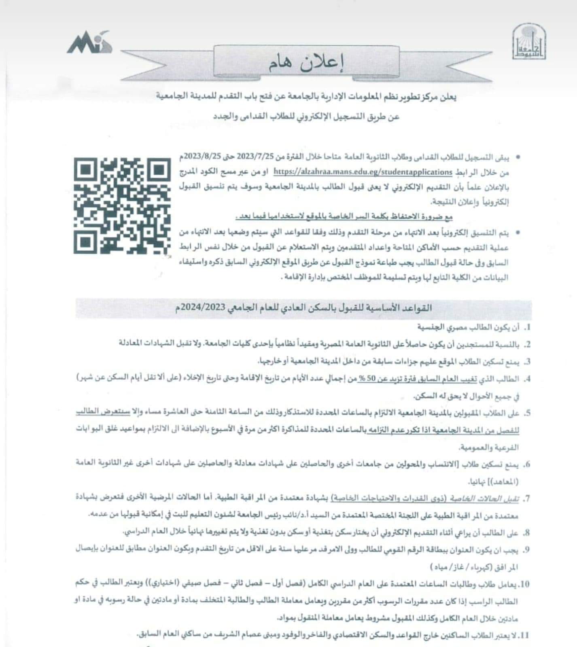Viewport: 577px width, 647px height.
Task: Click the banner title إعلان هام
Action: click(x=306, y=63)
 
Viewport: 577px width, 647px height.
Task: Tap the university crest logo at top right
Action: click(x=528, y=42)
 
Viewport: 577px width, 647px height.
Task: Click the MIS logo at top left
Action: click(x=89, y=42)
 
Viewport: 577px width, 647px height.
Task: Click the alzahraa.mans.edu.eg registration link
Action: click(x=363, y=172)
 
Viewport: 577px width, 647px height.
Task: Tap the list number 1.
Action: click(x=527, y=327)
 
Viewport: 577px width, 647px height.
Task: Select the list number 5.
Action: click(x=527, y=413)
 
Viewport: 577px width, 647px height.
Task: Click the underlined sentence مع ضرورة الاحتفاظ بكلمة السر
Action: click(x=344, y=217)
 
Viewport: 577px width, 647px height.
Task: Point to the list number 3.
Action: click(x=527, y=361)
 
